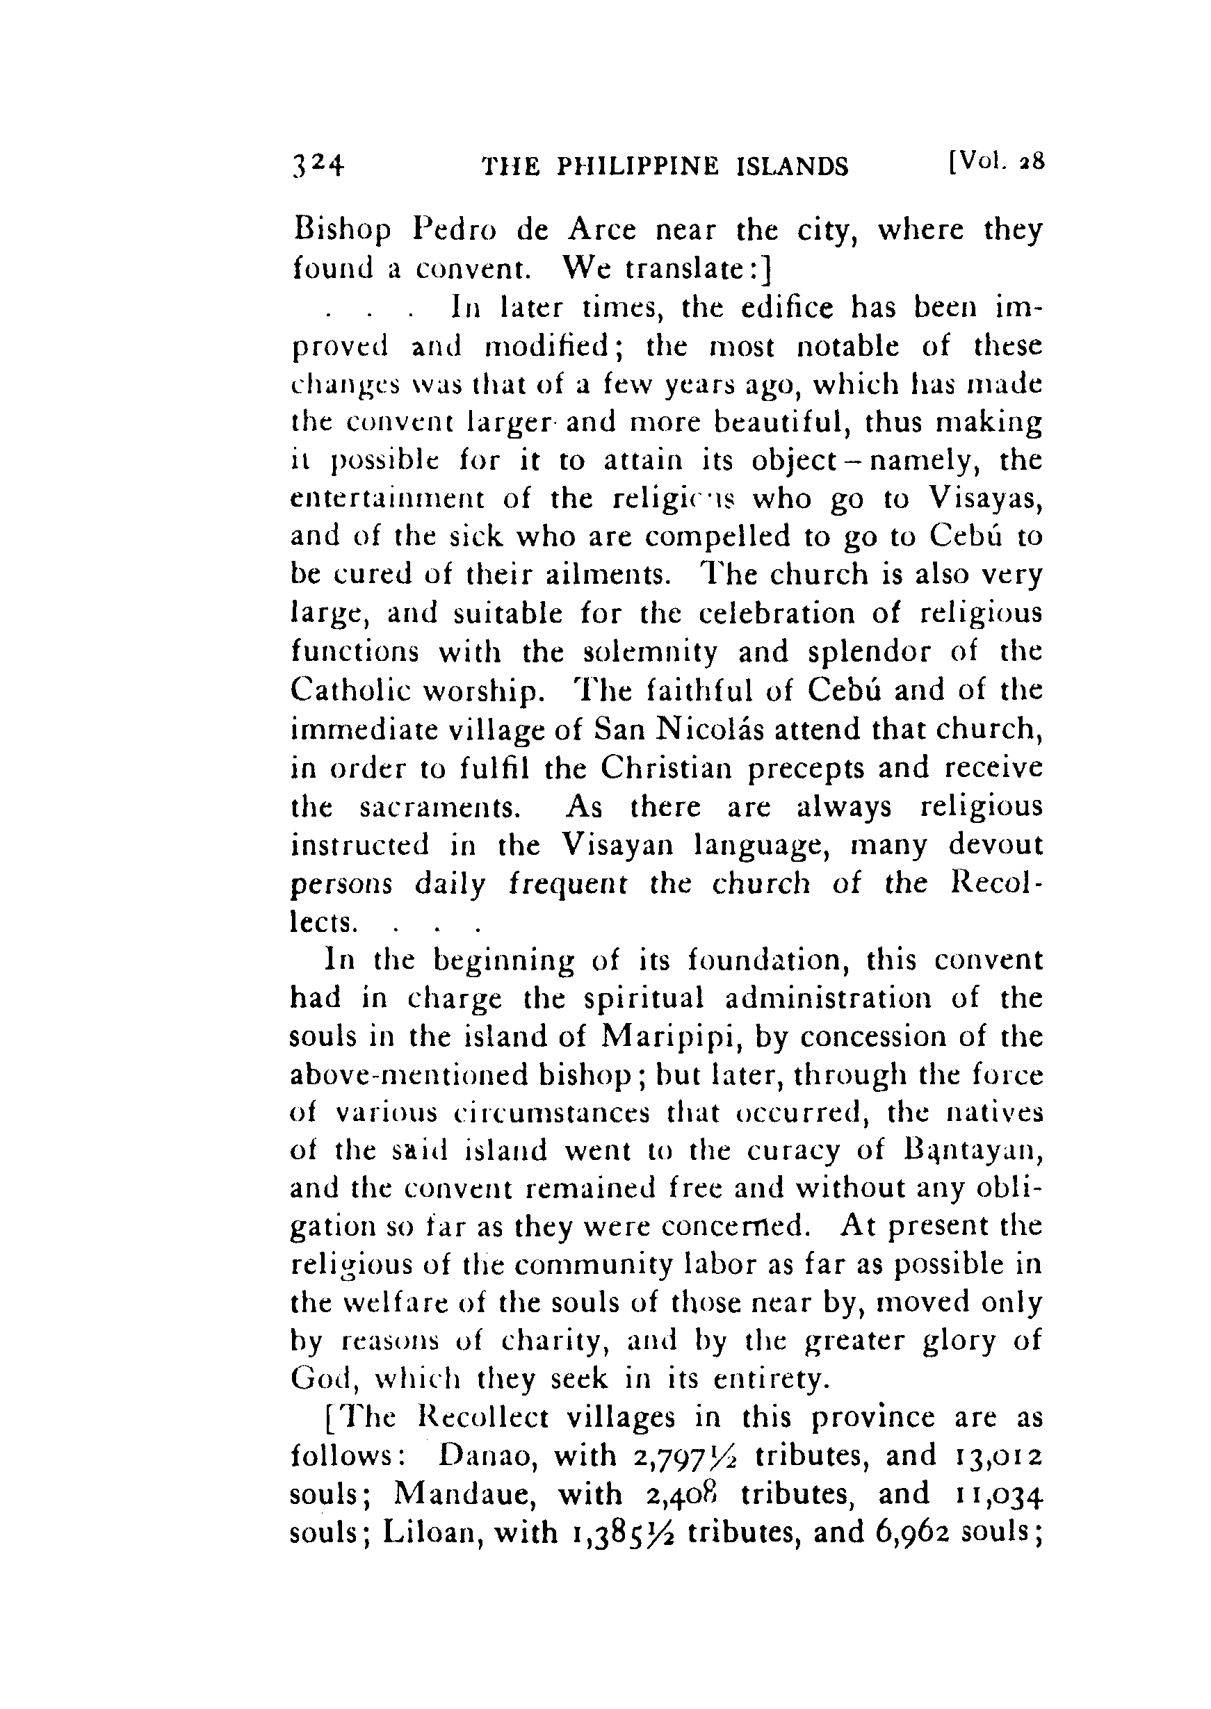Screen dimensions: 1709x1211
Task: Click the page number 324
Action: click(318, 165)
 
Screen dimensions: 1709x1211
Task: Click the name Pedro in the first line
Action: click(455, 231)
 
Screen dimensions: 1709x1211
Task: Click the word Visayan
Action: click(615, 846)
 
